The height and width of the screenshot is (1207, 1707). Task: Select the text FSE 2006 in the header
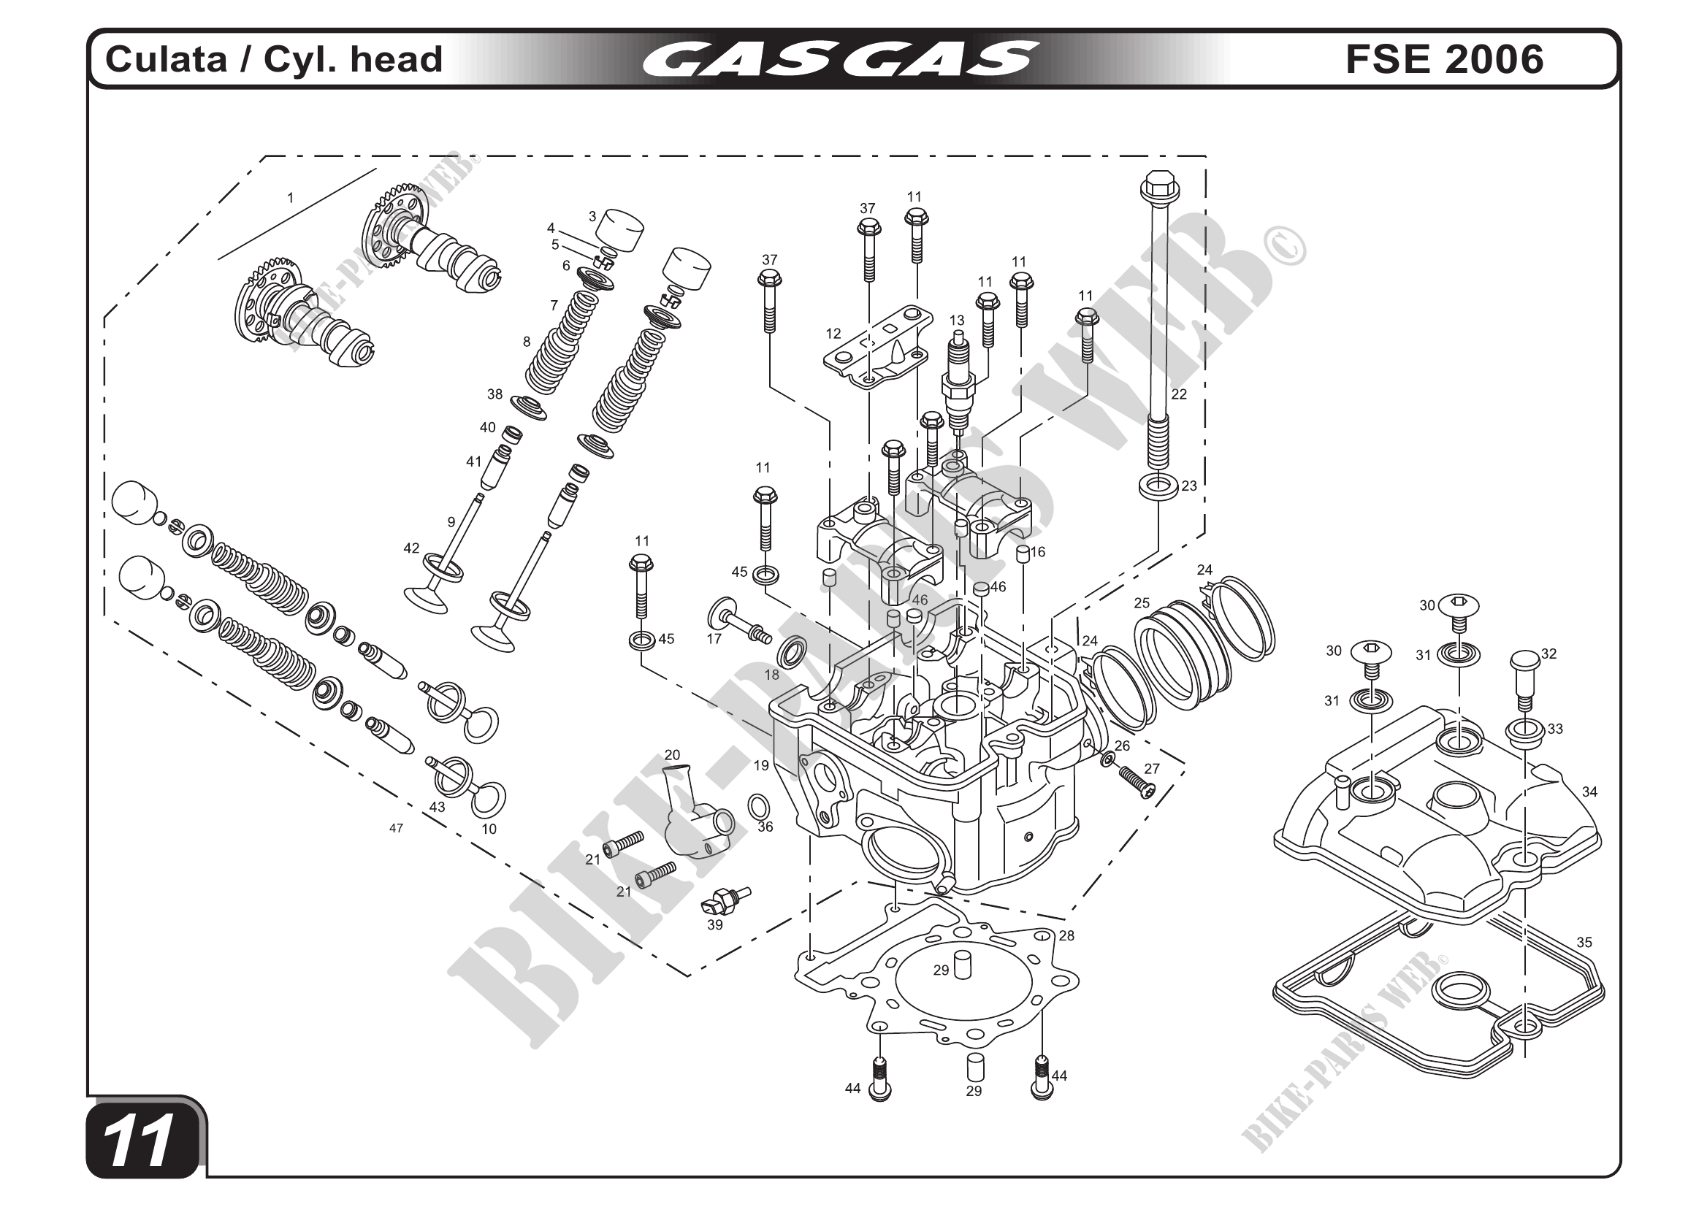pos(1444,59)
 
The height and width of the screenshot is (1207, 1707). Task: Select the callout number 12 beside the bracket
pos(833,334)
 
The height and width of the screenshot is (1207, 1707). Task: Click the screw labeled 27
pos(1138,782)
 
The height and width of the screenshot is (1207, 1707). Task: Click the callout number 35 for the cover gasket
pos(1584,943)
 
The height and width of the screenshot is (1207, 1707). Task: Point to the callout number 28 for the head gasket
pos(1067,935)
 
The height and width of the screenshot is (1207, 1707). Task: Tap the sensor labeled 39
pos(724,900)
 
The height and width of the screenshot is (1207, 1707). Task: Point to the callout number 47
pos(397,828)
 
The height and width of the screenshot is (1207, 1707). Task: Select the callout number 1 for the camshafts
pos(291,199)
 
